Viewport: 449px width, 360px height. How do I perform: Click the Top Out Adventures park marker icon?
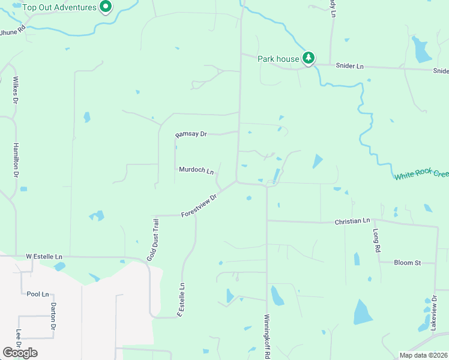[x=106, y=7]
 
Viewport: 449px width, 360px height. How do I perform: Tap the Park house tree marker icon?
[x=309, y=58]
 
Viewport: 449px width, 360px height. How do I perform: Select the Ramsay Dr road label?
[x=191, y=134]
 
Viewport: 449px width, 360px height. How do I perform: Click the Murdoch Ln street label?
[x=196, y=170]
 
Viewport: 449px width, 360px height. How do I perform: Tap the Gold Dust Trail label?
[x=153, y=240]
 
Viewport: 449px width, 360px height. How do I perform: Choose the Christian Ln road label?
[x=352, y=221]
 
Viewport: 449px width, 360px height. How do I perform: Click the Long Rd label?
[x=377, y=239]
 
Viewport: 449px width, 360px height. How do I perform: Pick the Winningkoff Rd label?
[x=267, y=336]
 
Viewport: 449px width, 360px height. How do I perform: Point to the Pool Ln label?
[x=37, y=294]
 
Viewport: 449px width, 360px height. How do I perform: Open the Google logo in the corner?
[x=20, y=353]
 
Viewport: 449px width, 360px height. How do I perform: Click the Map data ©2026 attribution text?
[x=423, y=355]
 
